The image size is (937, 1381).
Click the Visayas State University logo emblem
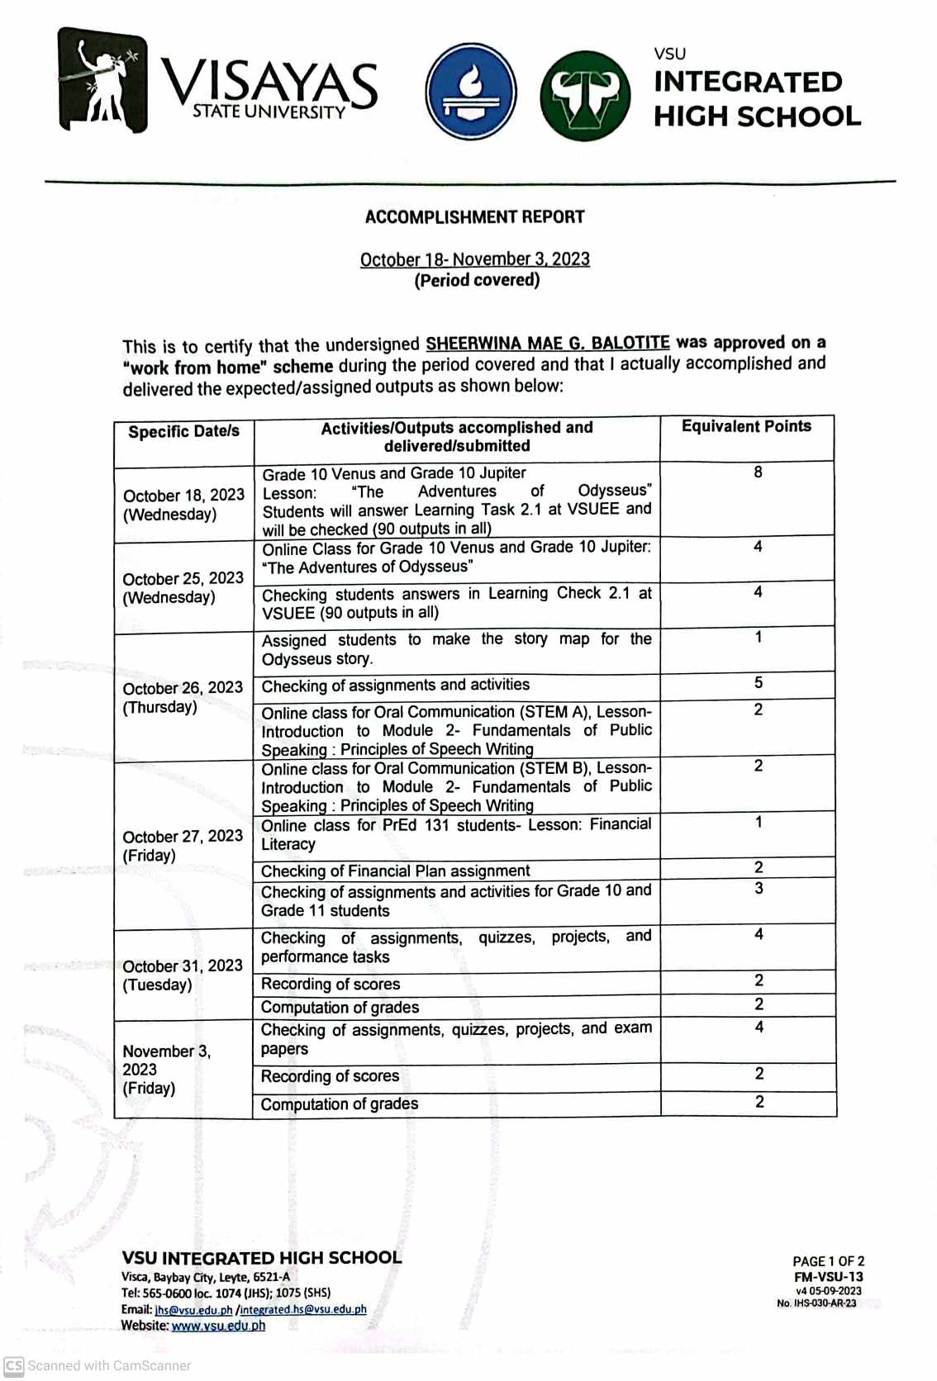tap(102, 80)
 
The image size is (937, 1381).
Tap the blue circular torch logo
tap(471, 92)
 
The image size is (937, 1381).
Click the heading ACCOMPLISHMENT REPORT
tap(474, 217)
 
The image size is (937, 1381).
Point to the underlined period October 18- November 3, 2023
tap(474, 259)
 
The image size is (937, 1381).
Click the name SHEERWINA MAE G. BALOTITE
tap(547, 343)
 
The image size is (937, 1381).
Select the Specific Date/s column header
tap(183, 431)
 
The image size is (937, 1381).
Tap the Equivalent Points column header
tap(745, 426)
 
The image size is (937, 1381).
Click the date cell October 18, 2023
tap(183, 504)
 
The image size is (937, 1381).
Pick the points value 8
tap(758, 472)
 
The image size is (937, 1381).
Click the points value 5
tap(759, 682)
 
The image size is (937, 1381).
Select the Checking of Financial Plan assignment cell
tap(395, 871)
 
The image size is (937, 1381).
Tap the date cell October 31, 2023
tap(182, 975)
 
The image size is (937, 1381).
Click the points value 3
tap(759, 889)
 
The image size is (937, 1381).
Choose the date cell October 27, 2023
tap(182, 845)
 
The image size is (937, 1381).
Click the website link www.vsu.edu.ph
tap(218, 1326)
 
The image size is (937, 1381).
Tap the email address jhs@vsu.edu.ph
tap(194, 1309)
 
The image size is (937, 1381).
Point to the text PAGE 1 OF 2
tap(828, 1261)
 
